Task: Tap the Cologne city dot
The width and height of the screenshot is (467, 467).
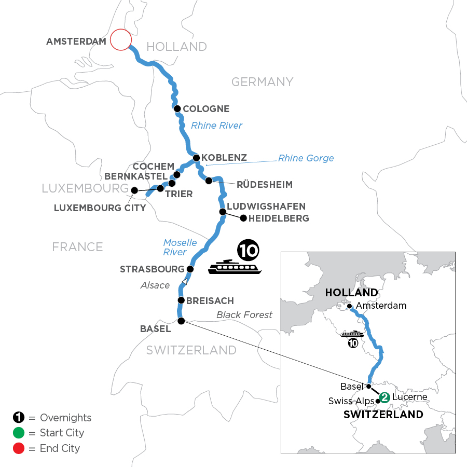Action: (177, 109)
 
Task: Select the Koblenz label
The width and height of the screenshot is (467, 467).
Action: (224, 157)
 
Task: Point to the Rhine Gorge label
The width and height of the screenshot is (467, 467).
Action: (306, 158)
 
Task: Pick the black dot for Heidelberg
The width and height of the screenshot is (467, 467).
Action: (243, 218)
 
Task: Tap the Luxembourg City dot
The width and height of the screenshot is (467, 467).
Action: (134, 190)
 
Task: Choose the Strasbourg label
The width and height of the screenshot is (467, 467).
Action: (152, 269)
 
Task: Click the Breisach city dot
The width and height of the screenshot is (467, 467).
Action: (181, 300)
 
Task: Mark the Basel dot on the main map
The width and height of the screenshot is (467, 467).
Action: (181, 321)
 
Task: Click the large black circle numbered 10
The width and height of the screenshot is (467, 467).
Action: (248, 251)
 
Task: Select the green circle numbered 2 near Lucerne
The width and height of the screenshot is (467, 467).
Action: (384, 397)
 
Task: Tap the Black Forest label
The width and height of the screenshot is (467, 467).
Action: (244, 314)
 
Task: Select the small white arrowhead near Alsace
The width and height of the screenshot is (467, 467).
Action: (185, 281)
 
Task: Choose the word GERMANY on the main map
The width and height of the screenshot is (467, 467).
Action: (262, 81)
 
